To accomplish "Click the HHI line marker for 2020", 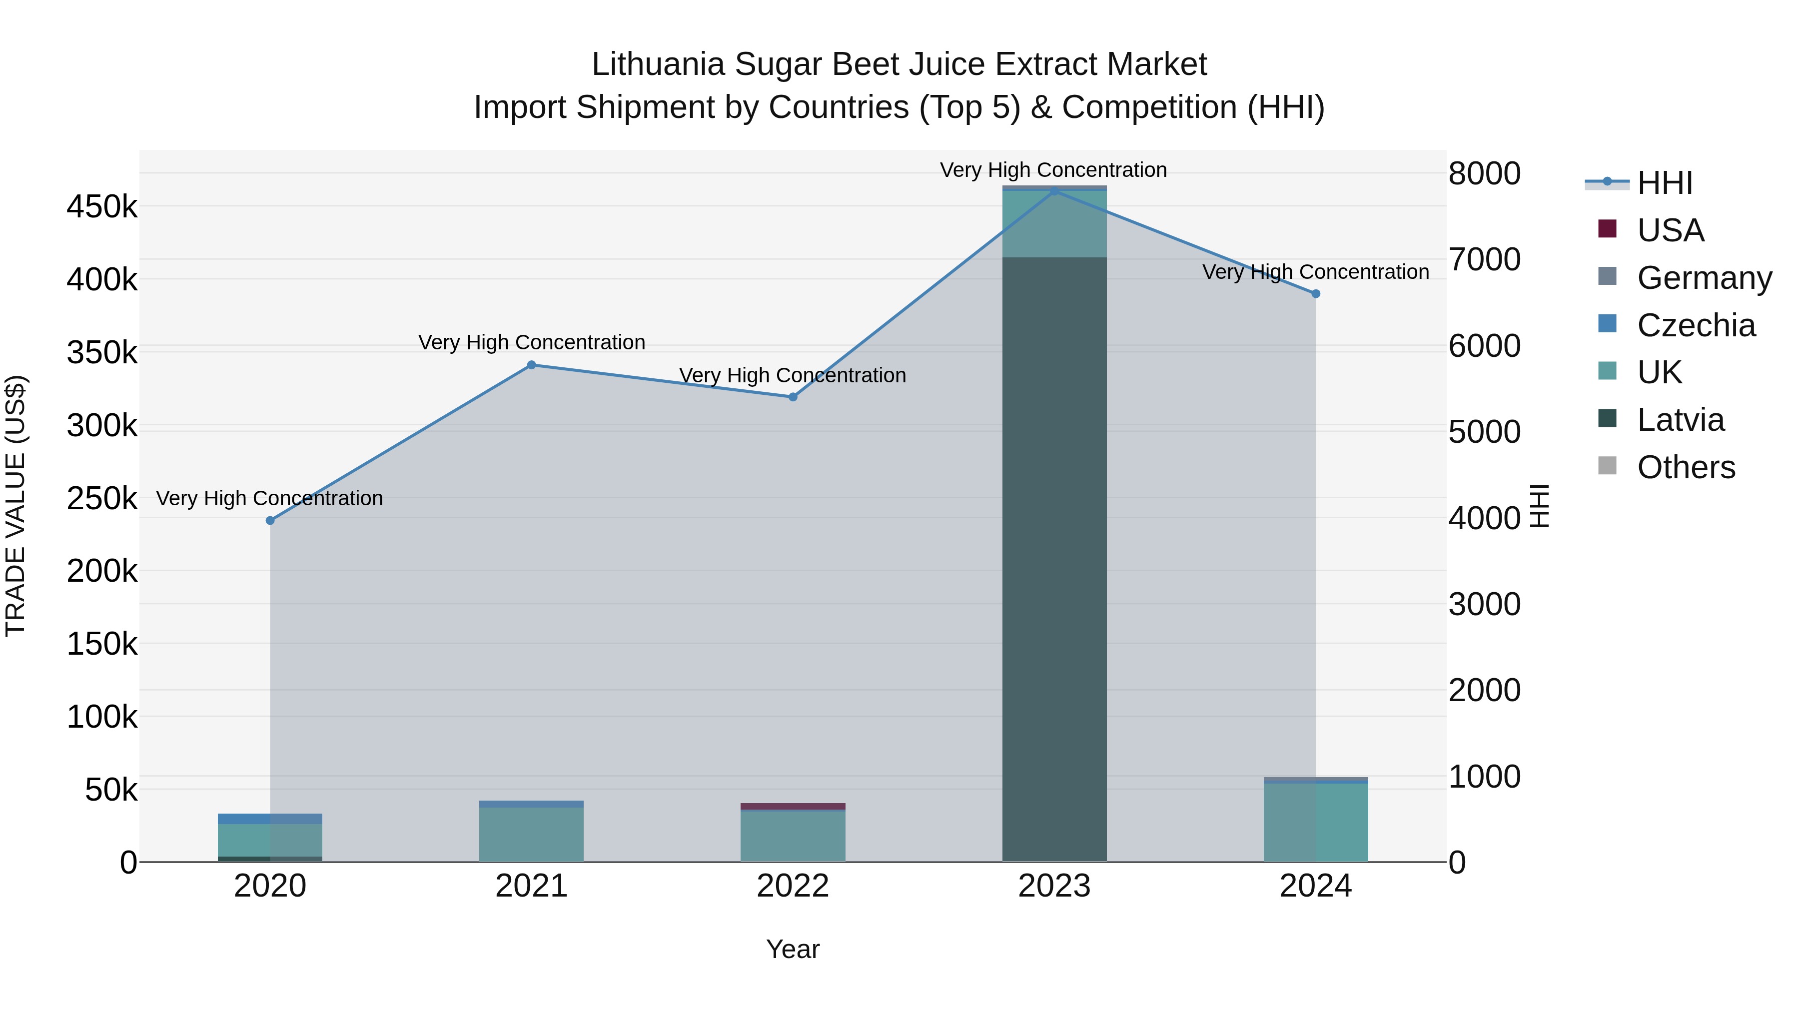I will pyautogui.click(x=270, y=520).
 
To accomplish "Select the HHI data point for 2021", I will pyautogui.click(x=532, y=365).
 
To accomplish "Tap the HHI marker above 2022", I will pyautogui.click(x=793, y=397).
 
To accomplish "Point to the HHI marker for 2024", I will pyautogui.click(x=1316, y=294).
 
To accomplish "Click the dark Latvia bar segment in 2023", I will pyautogui.click(x=1054, y=559).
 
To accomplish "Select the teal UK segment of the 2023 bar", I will pyautogui.click(x=1054, y=223).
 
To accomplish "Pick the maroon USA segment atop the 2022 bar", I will pyautogui.click(x=793, y=806).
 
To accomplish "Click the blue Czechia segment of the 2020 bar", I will pyautogui.click(x=270, y=819).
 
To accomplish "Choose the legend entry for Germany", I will pyautogui.click(x=1704, y=278).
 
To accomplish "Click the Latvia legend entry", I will pyautogui.click(x=1680, y=420).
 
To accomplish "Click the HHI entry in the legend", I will pyautogui.click(x=1664, y=183).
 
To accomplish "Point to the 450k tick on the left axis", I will pyautogui.click(x=102, y=207).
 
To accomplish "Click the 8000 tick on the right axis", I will pyautogui.click(x=1484, y=173).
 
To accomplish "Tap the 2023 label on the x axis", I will pyautogui.click(x=1054, y=886).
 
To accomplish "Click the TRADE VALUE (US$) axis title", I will pyautogui.click(x=16, y=506).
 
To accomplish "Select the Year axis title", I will pyautogui.click(x=793, y=949).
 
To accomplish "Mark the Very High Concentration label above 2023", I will pyautogui.click(x=1053, y=170).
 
